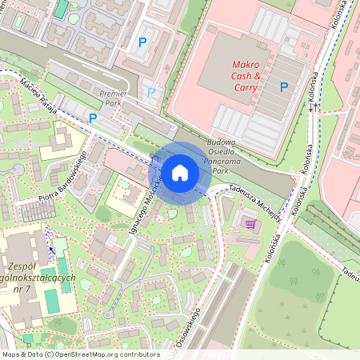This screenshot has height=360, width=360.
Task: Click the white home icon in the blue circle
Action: pos(180,172)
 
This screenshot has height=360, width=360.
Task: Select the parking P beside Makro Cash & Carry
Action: pos(283,87)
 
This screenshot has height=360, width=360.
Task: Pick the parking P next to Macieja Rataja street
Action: pos(93,118)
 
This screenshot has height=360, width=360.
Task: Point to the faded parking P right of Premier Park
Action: pos(151,92)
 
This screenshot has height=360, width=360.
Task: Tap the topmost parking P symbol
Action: pos(143,42)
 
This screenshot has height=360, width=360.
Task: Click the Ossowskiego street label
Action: pos(185,338)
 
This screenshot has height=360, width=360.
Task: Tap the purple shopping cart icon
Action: pos(250,225)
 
